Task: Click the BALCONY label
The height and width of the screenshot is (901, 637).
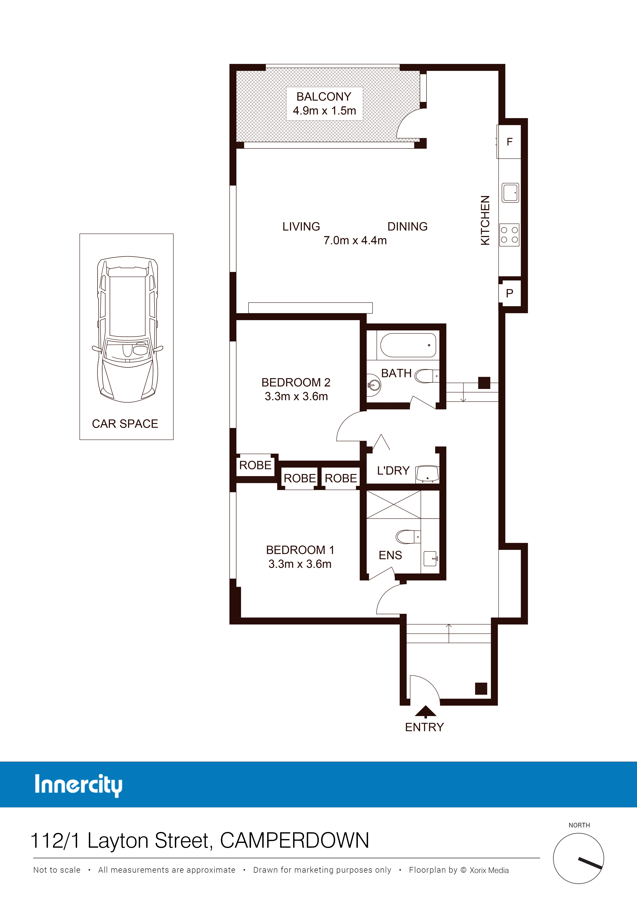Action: [324, 96]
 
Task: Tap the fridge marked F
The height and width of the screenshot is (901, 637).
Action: [509, 142]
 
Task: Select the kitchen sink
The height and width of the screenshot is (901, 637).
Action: [510, 193]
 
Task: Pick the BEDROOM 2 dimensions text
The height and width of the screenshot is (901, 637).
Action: [296, 396]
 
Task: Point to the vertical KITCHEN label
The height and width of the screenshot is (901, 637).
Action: [485, 220]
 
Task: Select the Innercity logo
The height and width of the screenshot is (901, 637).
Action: [78, 785]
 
